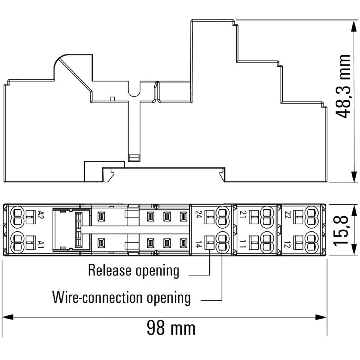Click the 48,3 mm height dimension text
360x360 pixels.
point(343,86)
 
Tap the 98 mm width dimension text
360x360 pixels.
point(171,328)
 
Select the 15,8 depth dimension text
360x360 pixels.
point(342,230)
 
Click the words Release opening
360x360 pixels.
point(134,271)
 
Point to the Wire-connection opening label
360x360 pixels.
point(121,297)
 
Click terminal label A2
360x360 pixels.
point(41,215)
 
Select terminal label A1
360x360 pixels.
point(40,244)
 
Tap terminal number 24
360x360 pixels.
point(198,214)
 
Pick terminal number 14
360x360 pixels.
point(198,244)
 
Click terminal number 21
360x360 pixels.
point(243,214)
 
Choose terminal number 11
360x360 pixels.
point(243,244)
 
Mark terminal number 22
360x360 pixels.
point(288,215)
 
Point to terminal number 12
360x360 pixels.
point(288,245)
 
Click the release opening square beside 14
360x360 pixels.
point(209,243)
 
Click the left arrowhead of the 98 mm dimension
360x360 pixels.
point(7,317)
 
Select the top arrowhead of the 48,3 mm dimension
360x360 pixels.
point(354,26)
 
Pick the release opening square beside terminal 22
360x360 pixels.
point(298,217)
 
